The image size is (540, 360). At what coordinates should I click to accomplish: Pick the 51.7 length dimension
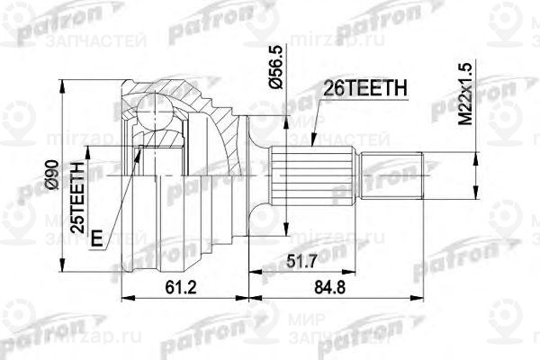321,261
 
